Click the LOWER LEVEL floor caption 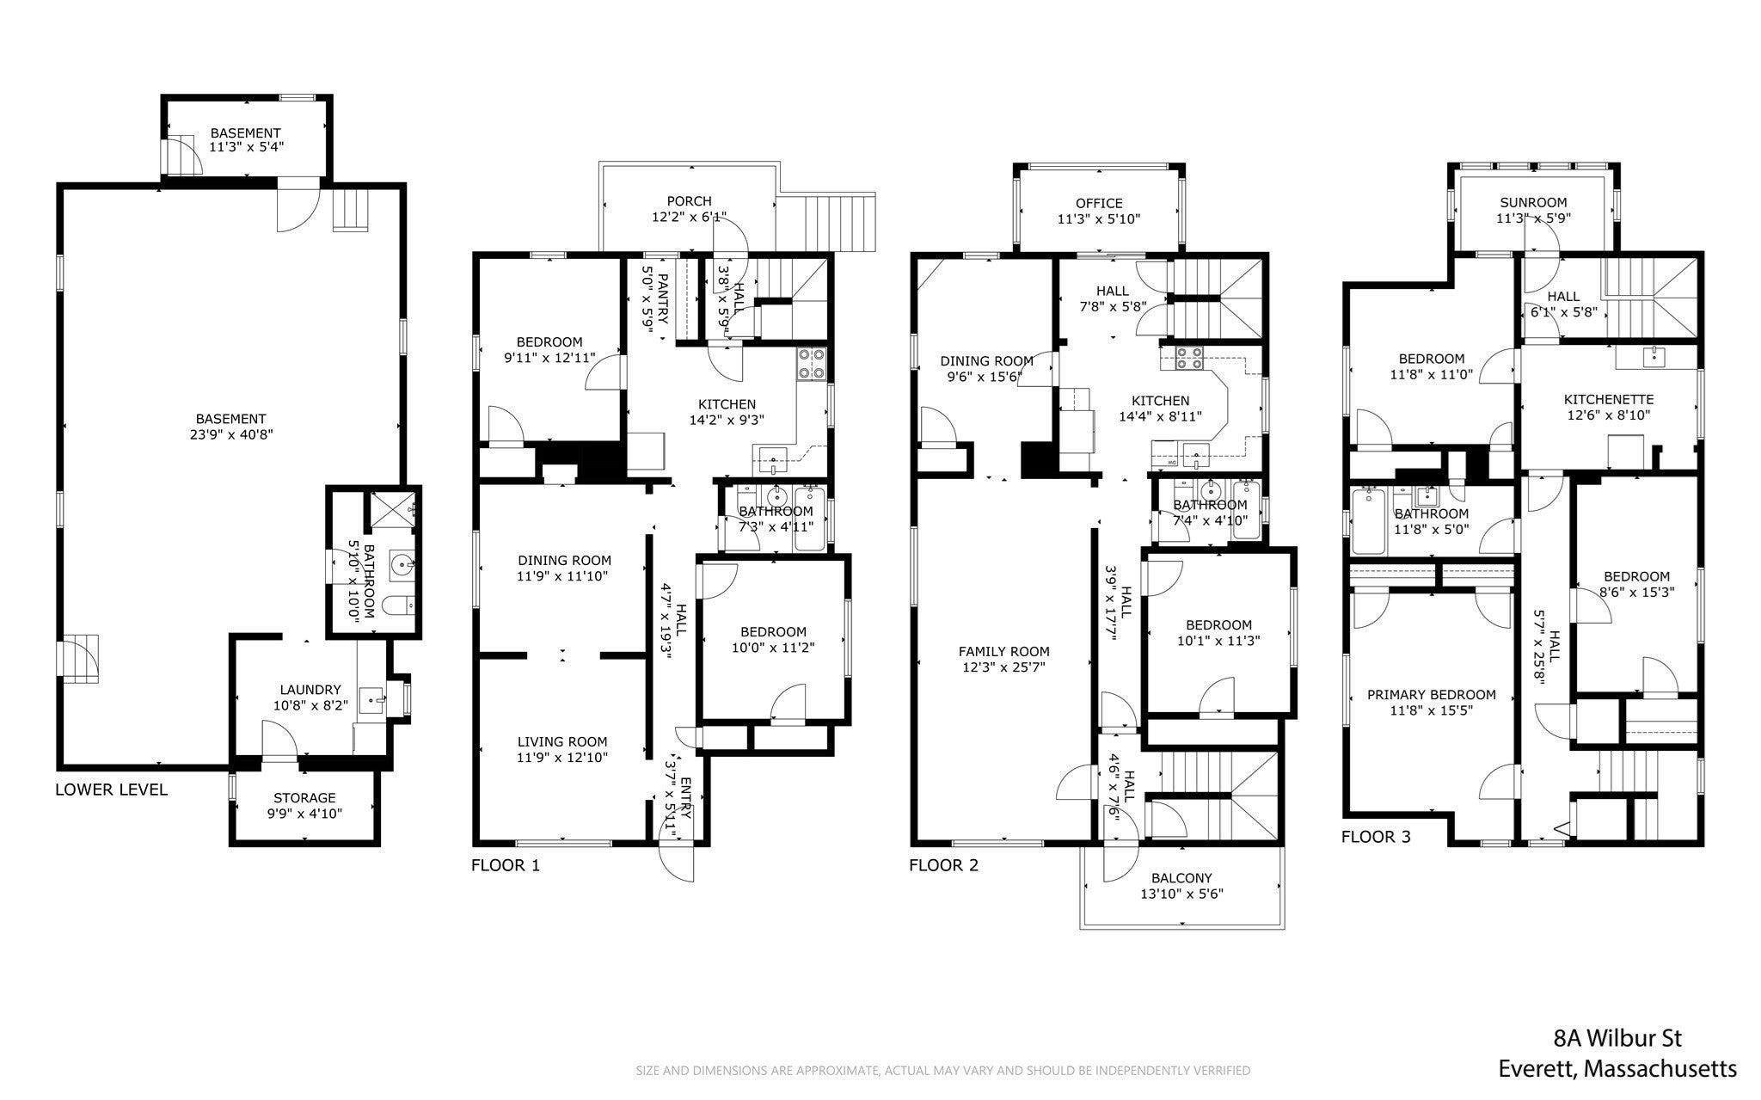click(x=112, y=790)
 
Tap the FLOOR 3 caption click(x=1376, y=836)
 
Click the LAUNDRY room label click(x=310, y=690)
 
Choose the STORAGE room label click(x=304, y=797)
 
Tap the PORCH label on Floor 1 click(x=690, y=201)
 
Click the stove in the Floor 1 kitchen click(x=811, y=364)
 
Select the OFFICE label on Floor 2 click(x=1099, y=203)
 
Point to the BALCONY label click(x=1181, y=878)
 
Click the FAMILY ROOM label click(x=1004, y=651)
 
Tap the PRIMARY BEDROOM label click(x=1432, y=694)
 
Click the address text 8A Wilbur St click(x=1617, y=1039)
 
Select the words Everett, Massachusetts click(x=1617, y=1069)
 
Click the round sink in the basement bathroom click(x=402, y=565)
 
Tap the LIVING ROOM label click(x=562, y=741)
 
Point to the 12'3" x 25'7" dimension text click(x=1004, y=667)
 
